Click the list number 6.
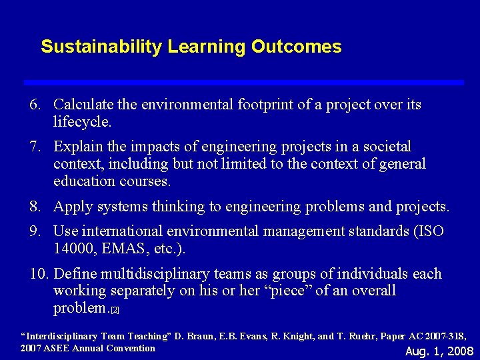[x=35, y=105]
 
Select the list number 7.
[x=35, y=147]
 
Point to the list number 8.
[x=35, y=207]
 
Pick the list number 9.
[x=35, y=231]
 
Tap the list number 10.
[x=39, y=274]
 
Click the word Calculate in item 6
[x=83, y=105]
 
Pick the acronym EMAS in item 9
[x=123, y=249]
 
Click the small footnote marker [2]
[x=115, y=311]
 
